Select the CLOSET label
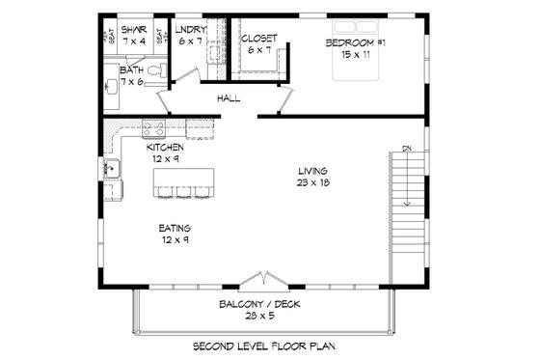pyautogui.click(x=259, y=39)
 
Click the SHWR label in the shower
pyautogui.click(x=132, y=29)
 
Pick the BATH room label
pyautogui.click(x=132, y=70)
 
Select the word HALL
pyautogui.click(x=228, y=97)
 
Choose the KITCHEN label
pyautogui.click(x=165, y=148)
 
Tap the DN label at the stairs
pyautogui.click(x=406, y=148)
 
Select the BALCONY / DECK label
pyautogui.click(x=261, y=304)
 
